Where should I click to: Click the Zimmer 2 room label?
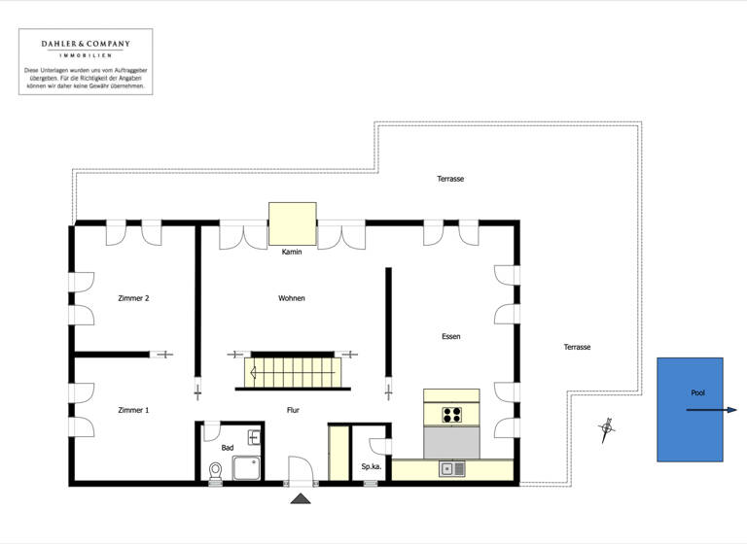(133, 298)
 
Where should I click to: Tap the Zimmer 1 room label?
(133, 410)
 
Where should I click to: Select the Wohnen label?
(292, 298)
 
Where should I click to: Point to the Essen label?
(450, 336)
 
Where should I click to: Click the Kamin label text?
(292, 252)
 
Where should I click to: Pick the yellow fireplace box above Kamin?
(292, 223)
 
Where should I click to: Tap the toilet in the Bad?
(216, 471)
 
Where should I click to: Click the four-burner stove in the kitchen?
(452, 415)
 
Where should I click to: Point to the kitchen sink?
(452, 469)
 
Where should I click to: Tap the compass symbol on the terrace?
(607, 426)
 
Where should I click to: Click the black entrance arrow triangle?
(301, 498)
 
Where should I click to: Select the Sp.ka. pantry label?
(371, 466)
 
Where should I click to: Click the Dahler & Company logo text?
(85, 45)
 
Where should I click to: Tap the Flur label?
(292, 410)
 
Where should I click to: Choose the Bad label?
(227, 448)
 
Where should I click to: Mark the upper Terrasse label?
(450, 180)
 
